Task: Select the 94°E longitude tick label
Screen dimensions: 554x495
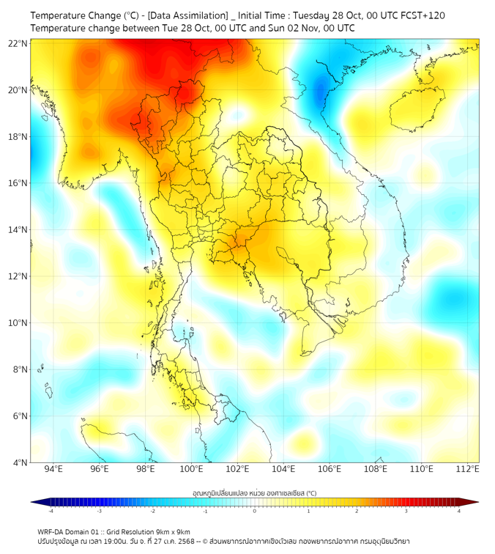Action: coord(53,469)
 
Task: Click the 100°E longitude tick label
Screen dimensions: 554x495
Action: coord(191,469)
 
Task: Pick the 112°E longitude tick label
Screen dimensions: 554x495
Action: coord(467,469)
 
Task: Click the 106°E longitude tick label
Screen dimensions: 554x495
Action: coord(330,469)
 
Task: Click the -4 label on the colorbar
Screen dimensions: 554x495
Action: coord(50,511)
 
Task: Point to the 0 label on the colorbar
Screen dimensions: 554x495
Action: coord(255,511)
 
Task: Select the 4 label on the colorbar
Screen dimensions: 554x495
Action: coord(459,511)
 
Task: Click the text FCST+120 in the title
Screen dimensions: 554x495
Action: coord(421,15)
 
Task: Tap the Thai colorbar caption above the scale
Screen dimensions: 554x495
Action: coord(255,494)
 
